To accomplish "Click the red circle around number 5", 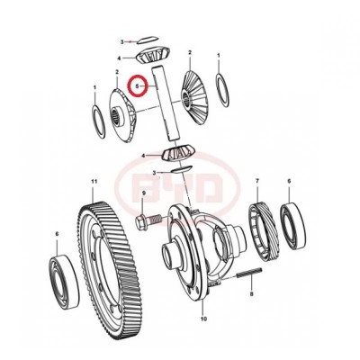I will click(x=138, y=86).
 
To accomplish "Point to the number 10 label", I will click(x=202, y=318).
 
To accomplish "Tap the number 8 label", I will click(x=252, y=294).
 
